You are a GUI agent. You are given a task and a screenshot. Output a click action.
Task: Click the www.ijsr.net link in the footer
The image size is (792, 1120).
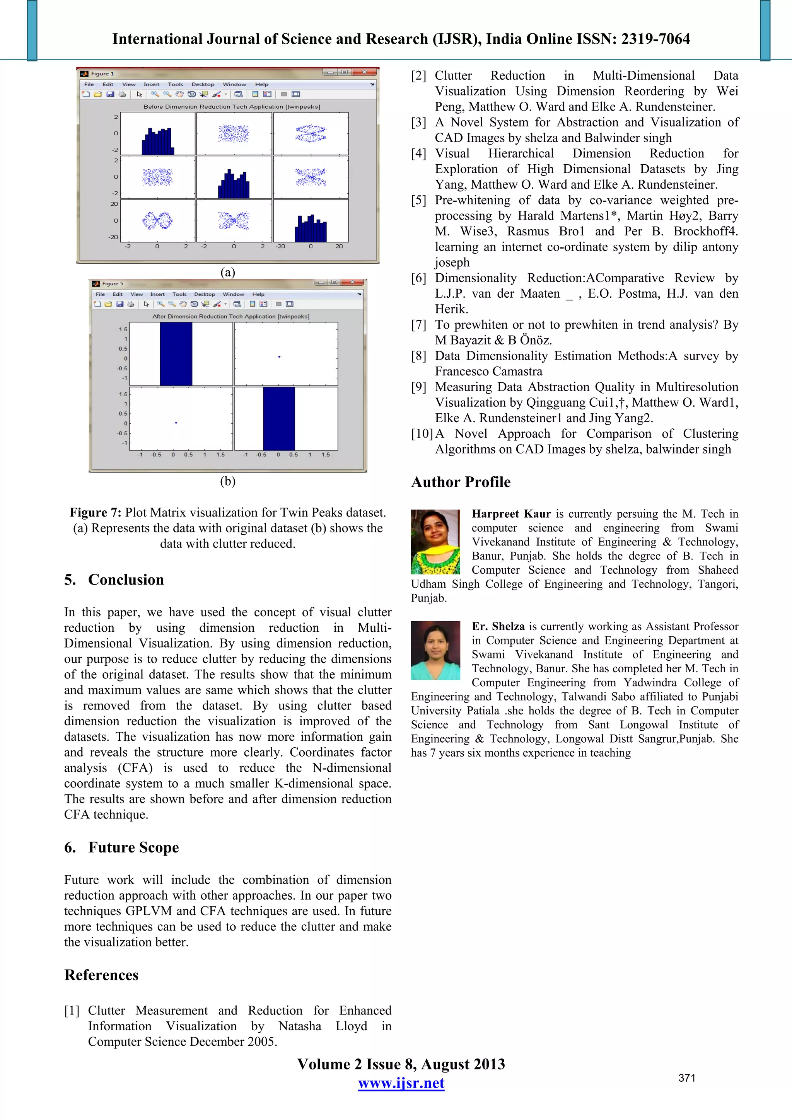pyautogui.click(x=401, y=1083)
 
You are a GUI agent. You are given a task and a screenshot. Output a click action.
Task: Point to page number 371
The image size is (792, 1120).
pyautogui.click(x=686, y=1078)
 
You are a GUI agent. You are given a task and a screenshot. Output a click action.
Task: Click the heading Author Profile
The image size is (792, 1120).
pyautogui.click(x=461, y=482)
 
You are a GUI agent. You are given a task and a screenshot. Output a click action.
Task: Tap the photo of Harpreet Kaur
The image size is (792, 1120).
pyautogui.click(x=435, y=542)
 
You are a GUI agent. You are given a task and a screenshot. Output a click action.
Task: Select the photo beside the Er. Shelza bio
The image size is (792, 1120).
pyautogui.click(x=435, y=650)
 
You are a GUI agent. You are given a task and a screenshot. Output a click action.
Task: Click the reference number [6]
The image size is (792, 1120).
pyautogui.click(x=419, y=278)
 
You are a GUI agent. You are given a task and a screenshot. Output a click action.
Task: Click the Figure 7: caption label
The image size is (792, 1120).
pyautogui.click(x=95, y=512)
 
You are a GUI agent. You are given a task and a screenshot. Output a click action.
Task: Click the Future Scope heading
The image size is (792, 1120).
pyautogui.click(x=133, y=847)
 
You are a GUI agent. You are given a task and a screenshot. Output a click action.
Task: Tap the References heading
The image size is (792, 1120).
pyautogui.click(x=101, y=975)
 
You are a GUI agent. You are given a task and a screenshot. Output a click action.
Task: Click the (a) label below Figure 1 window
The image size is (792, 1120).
pyautogui.click(x=227, y=272)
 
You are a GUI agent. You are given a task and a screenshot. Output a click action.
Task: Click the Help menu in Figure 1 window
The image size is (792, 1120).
pyautogui.click(x=261, y=84)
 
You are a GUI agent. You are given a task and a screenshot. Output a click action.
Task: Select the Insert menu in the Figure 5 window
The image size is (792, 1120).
pyautogui.click(x=157, y=294)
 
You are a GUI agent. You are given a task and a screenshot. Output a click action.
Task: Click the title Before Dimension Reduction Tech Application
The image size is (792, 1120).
pyautogui.click(x=231, y=106)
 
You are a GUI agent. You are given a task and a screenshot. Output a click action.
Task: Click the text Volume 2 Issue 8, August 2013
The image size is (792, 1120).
pyautogui.click(x=401, y=1064)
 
